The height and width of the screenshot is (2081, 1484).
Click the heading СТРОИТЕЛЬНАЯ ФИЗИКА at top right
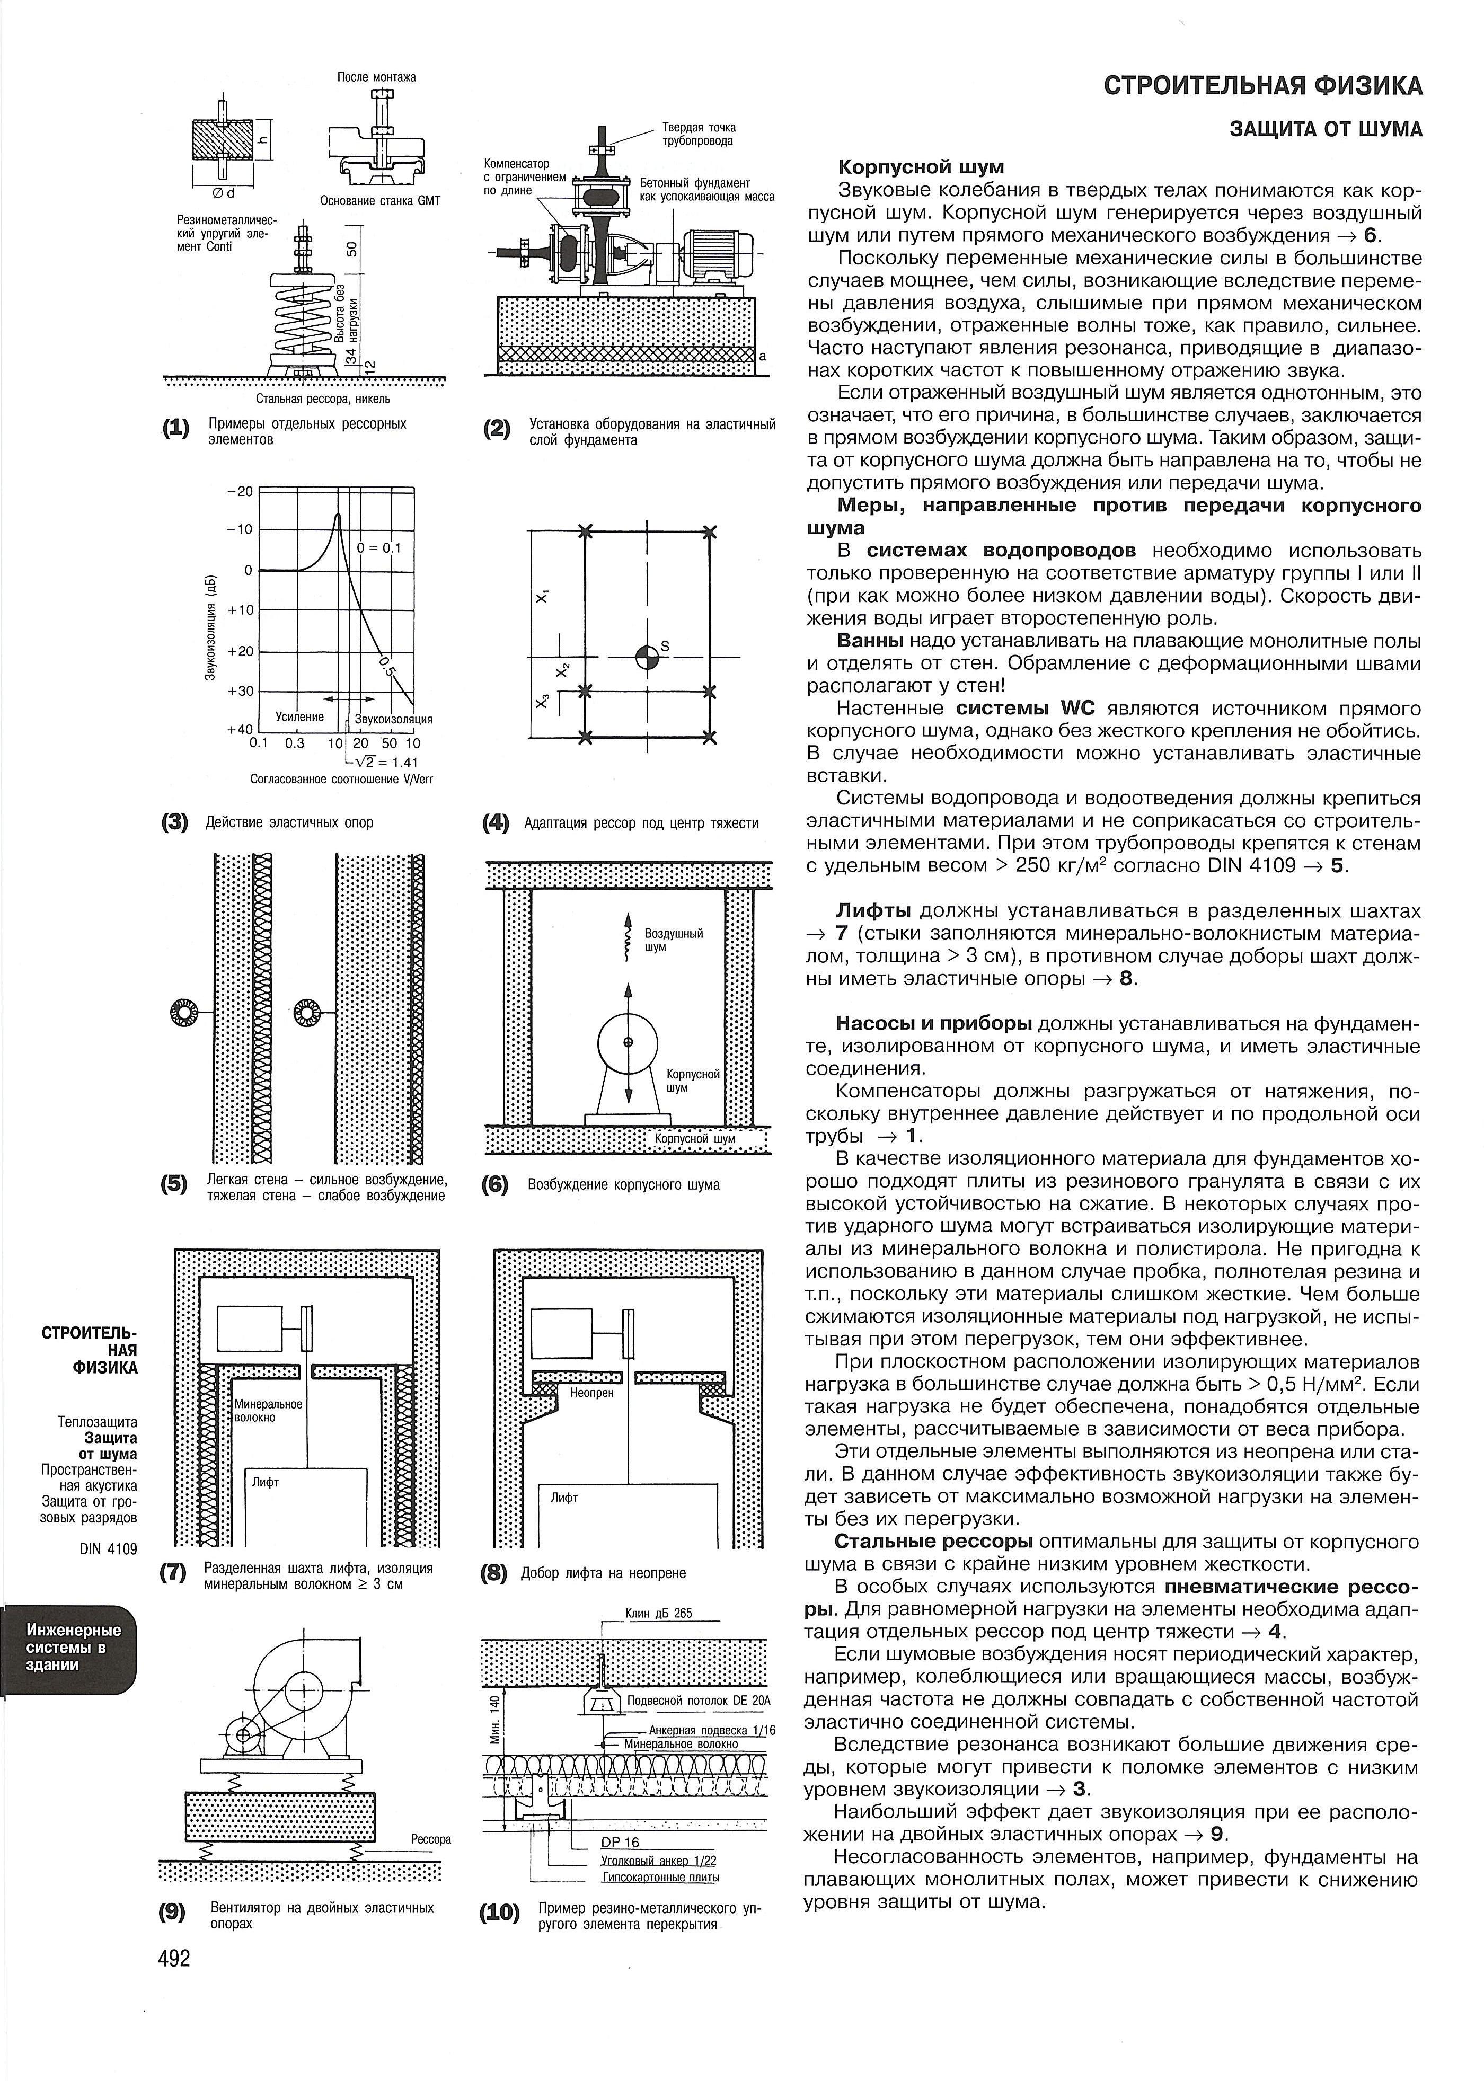tap(1263, 86)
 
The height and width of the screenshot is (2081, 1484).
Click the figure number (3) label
tap(174, 822)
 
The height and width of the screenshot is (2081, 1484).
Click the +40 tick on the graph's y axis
tap(238, 729)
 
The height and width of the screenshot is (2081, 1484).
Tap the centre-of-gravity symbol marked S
tap(647, 657)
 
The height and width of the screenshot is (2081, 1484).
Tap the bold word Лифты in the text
tap(873, 911)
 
